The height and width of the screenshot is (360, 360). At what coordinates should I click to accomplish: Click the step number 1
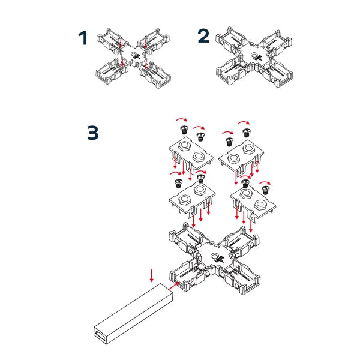[83, 38]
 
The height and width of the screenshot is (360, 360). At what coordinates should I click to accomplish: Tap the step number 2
[203, 37]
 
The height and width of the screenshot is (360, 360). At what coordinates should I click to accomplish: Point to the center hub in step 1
[131, 57]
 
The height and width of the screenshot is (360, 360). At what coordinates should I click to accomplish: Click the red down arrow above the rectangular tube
[152, 275]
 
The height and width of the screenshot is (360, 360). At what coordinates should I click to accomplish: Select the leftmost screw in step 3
[178, 181]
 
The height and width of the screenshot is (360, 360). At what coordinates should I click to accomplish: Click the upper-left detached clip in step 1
[112, 38]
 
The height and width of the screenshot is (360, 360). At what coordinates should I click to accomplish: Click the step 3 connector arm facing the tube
[187, 277]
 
